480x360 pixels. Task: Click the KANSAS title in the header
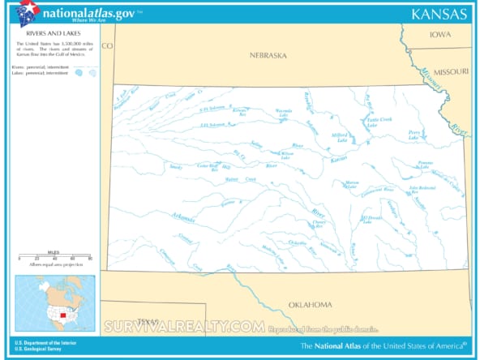tap(439, 14)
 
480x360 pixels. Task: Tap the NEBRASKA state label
tap(268, 56)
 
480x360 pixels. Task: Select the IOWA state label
tap(439, 35)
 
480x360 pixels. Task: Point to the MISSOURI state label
tap(450, 72)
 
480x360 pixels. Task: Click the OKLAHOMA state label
tap(310, 304)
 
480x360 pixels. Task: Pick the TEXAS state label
tap(148, 320)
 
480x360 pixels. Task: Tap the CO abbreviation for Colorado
tap(108, 45)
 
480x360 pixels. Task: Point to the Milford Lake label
tap(339, 137)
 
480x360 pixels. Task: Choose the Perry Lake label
tap(414, 135)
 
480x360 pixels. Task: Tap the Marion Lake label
tap(351, 185)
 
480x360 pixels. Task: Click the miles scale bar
tap(54, 257)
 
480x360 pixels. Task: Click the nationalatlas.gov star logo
tap(27, 13)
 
